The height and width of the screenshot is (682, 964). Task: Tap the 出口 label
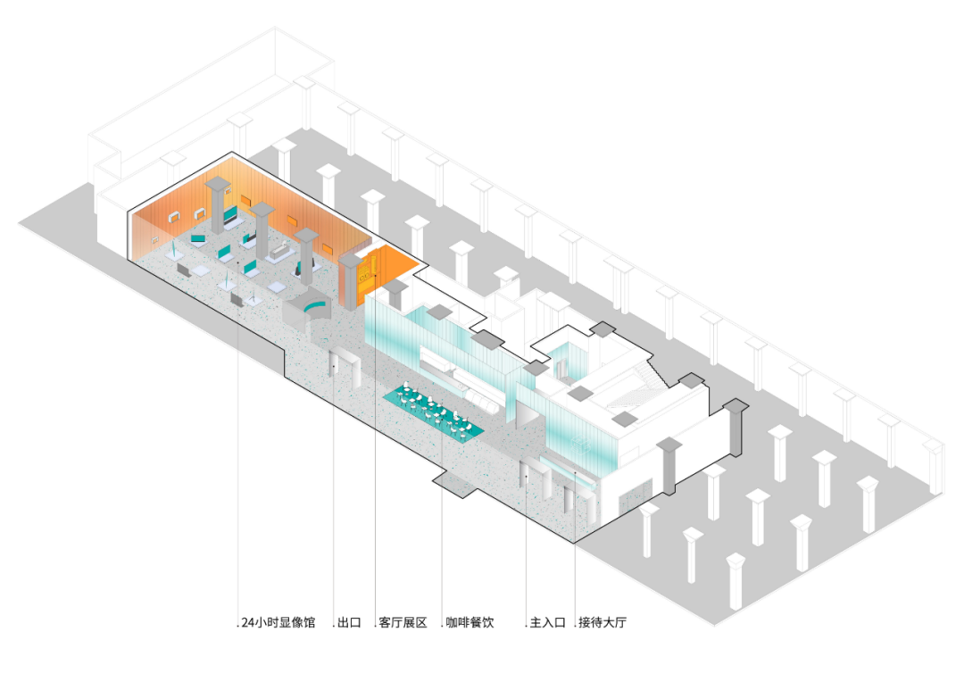coord(349,623)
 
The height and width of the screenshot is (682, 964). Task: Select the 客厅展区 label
coord(404,623)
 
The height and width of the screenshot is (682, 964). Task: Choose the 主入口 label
coord(548,623)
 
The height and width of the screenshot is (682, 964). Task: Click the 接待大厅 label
coord(603,623)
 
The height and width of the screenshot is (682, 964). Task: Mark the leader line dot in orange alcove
coord(376,278)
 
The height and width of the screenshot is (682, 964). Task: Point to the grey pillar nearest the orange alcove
coord(350,277)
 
